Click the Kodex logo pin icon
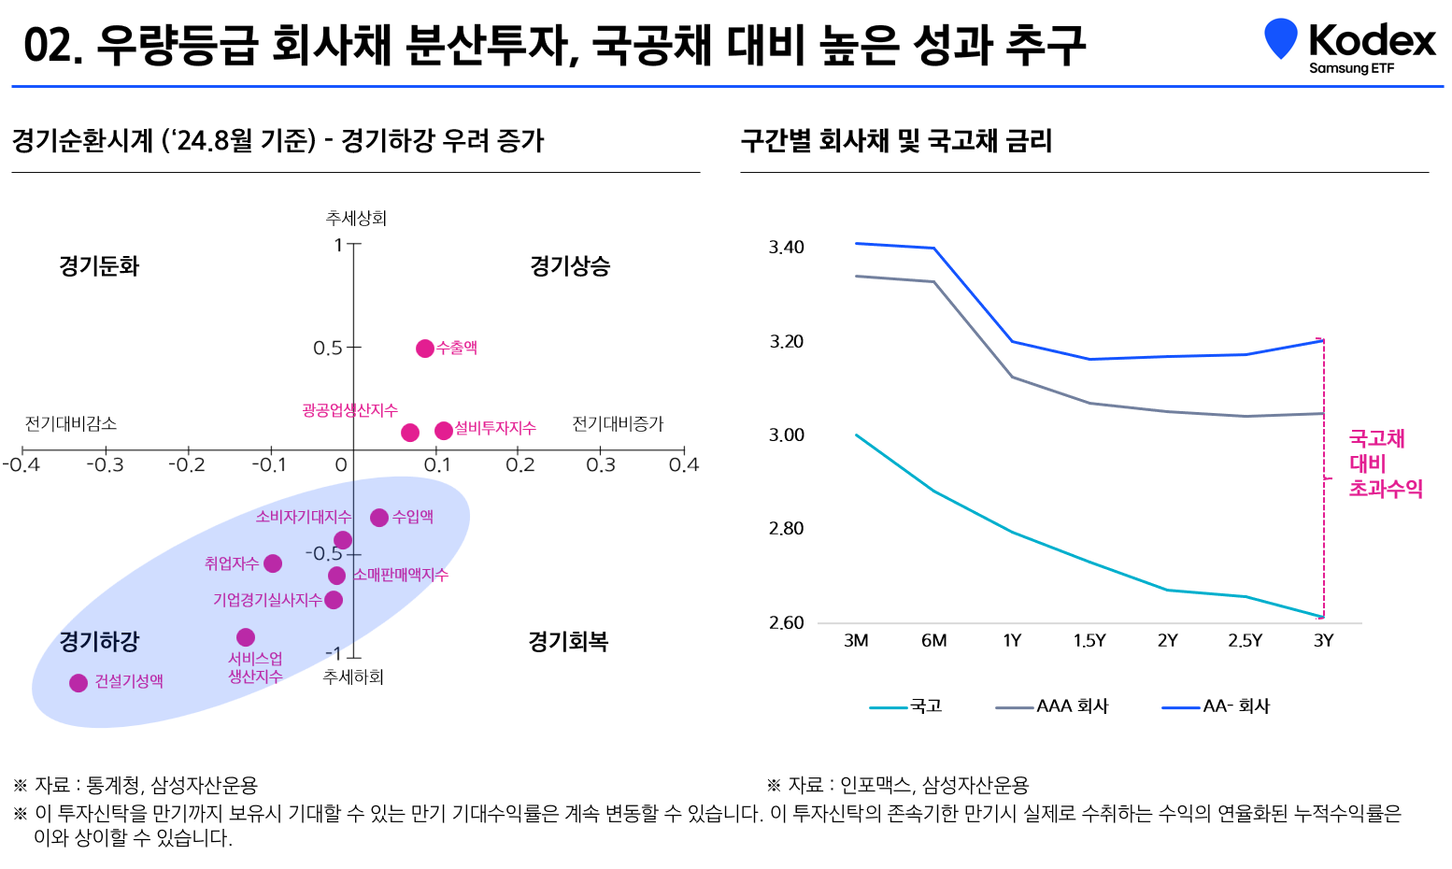pyautogui.click(x=1280, y=38)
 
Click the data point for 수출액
pyautogui.click(x=425, y=349)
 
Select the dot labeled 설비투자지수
pyautogui.click(x=444, y=431)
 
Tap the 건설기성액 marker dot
pyautogui.click(x=78, y=683)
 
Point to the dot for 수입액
pyautogui.click(x=379, y=518)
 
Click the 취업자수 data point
pyautogui.click(x=273, y=563)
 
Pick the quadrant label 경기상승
pyautogui.click(x=570, y=266)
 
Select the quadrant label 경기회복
pyautogui.click(x=568, y=642)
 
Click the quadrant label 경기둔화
pyautogui.click(x=99, y=266)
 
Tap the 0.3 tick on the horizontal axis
pyautogui.click(x=601, y=464)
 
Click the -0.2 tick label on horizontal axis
pyautogui.click(x=186, y=464)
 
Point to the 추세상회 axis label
pyautogui.click(x=356, y=218)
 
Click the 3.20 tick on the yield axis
pyautogui.click(x=786, y=342)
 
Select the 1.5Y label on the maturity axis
pyautogui.click(x=1089, y=641)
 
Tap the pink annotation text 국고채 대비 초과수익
pyautogui.click(x=1385, y=463)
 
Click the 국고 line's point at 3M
pyautogui.click(x=857, y=435)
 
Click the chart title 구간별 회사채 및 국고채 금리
pyautogui.click(x=896, y=141)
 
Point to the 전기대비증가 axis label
pyautogui.click(x=618, y=424)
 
